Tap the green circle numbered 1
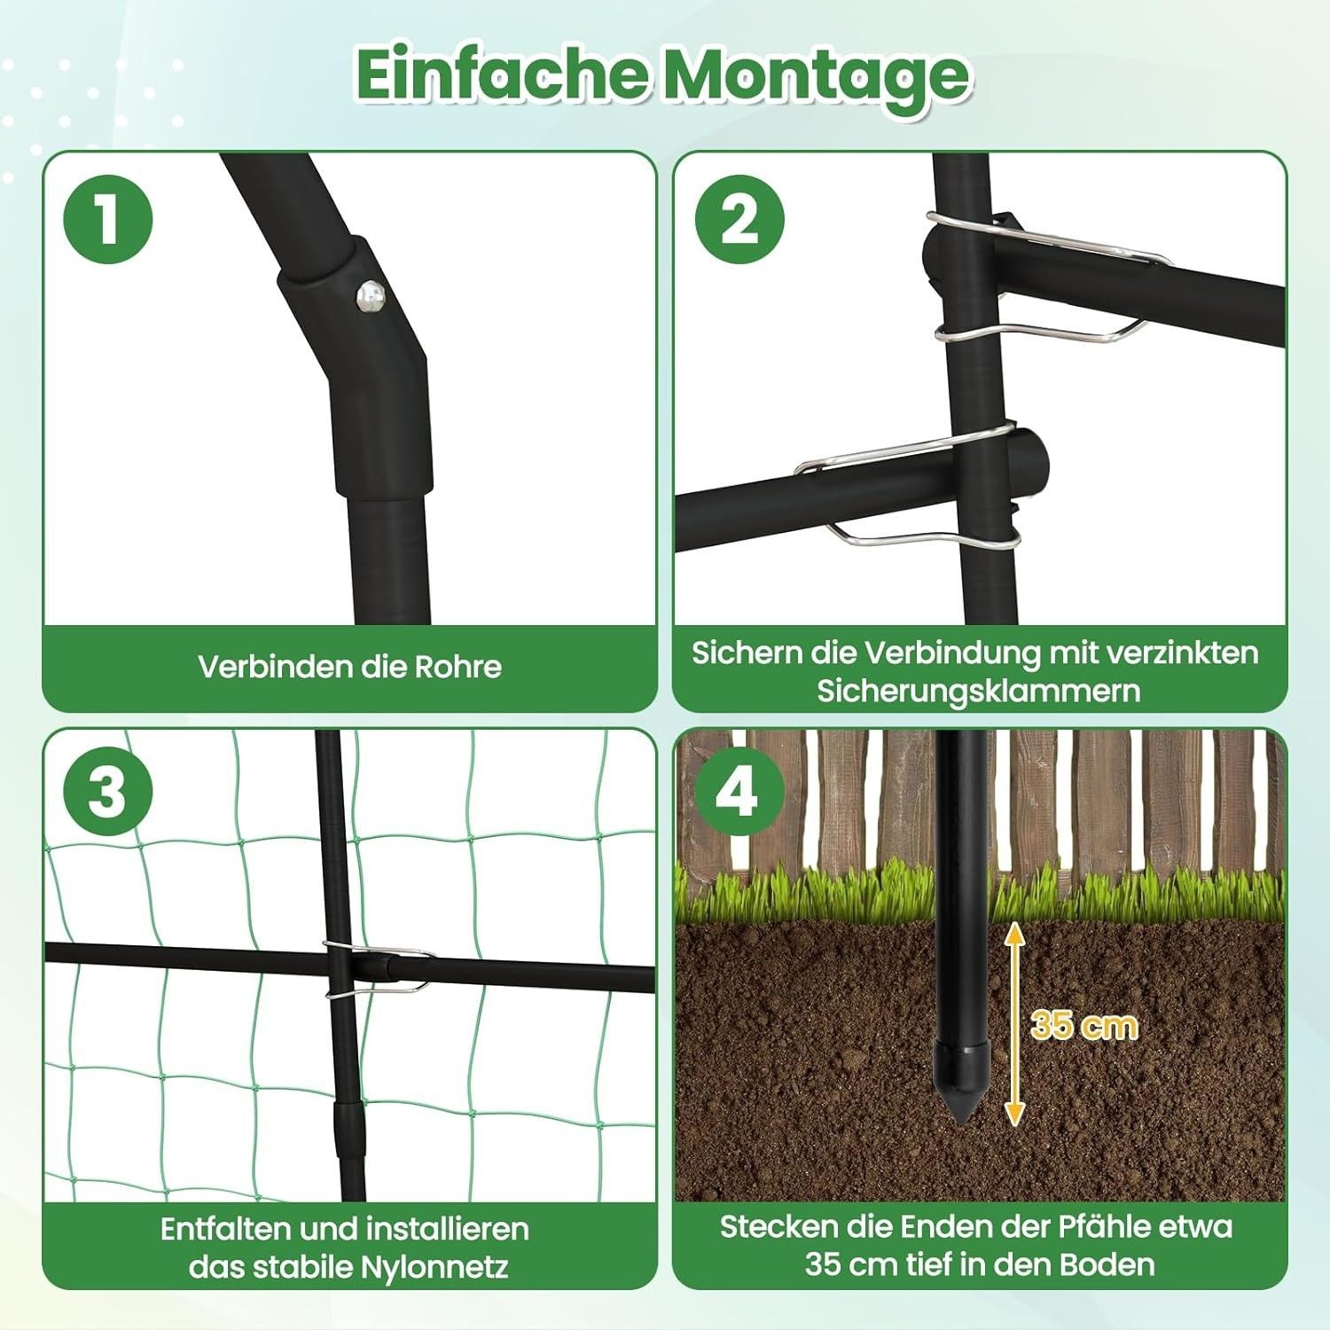tap(108, 218)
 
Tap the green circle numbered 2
tap(739, 218)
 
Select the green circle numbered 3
tap(108, 792)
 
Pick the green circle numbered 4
tap(739, 792)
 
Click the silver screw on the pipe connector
tap(370, 297)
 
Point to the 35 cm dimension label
tap(1084, 1025)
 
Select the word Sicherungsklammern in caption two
tap(979, 691)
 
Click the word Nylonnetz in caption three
tap(434, 1267)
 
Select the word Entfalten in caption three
tap(225, 1229)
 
